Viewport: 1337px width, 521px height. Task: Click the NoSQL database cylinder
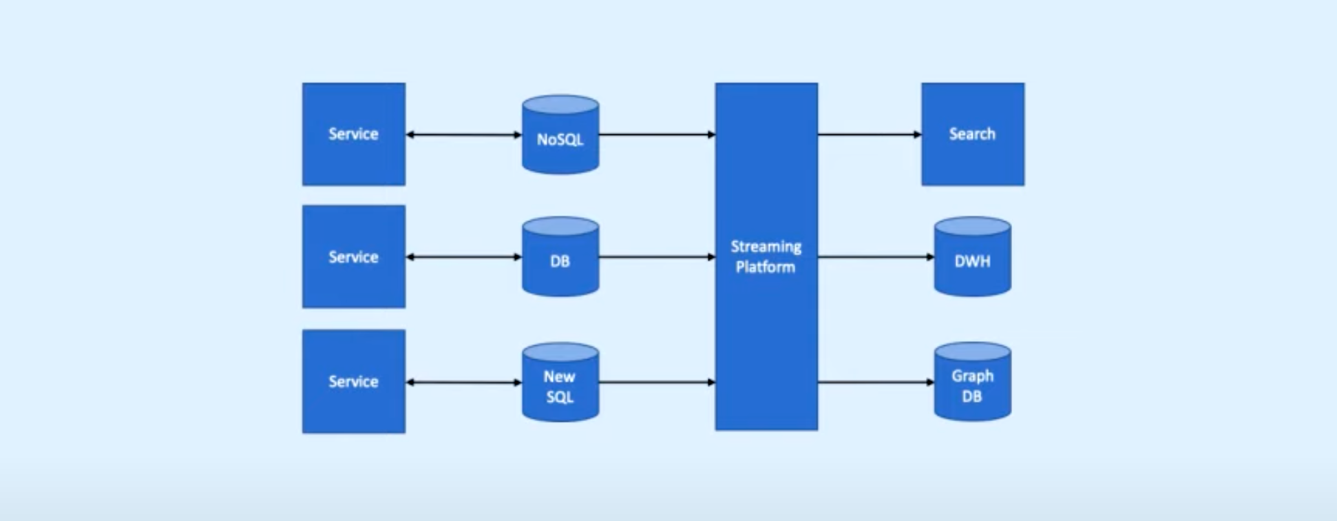click(x=560, y=135)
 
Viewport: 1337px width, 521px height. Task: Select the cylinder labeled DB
click(x=560, y=257)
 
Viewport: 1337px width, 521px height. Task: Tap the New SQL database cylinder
click(x=560, y=382)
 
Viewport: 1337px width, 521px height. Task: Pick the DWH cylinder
click(x=972, y=257)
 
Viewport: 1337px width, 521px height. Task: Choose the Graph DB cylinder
click(x=972, y=382)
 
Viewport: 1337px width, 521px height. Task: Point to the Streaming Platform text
click(x=766, y=256)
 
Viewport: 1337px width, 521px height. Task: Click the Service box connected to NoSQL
click(x=354, y=134)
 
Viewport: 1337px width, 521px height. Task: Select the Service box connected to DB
click(x=354, y=256)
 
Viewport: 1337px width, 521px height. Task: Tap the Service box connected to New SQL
click(x=354, y=381)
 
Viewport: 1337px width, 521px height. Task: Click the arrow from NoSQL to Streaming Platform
click(x=657, y=134)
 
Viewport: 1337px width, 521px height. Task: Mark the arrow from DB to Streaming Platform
click(x=657, y=257)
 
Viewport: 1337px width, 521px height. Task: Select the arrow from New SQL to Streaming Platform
click(x=657, y=382)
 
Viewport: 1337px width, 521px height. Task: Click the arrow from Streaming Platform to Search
click(x=870, y=134)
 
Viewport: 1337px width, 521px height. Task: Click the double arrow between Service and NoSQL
click(x=463, y=134)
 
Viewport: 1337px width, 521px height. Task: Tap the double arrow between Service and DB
click(x=463, y=257)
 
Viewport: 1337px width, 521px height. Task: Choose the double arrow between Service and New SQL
click(x=463, y=382)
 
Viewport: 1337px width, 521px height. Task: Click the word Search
click(x=972, y=134)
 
